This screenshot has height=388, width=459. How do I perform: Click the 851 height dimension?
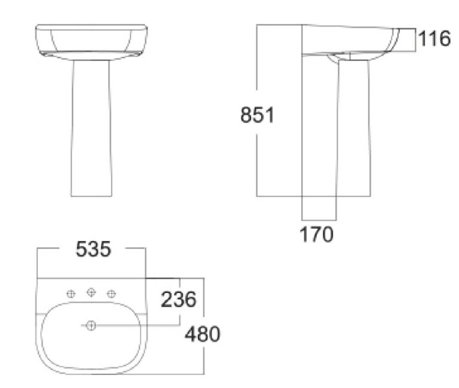pos(257,114)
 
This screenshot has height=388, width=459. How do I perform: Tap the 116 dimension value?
pos(434,39)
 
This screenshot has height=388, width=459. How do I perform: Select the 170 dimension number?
pos(316,234)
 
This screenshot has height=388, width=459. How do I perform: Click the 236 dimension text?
pos(178,299)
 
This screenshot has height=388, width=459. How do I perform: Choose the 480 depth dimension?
pos(202,334)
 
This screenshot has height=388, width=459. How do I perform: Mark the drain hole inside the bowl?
pos(91,326)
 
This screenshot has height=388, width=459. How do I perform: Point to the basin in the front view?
pos(91,42)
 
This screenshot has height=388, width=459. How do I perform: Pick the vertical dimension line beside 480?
pos(204,359)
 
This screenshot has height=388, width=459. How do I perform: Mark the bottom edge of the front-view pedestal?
pos(91,196)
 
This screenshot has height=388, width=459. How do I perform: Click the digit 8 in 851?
pos(246,114)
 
